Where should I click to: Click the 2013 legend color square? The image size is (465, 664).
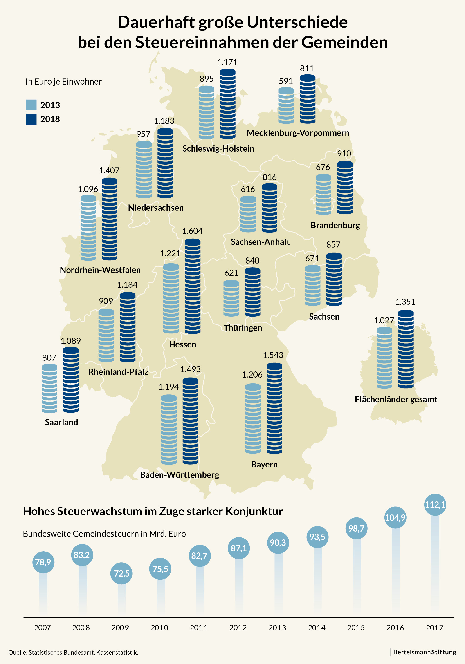click(31, 105)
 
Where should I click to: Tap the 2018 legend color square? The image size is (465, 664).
click(31, 119)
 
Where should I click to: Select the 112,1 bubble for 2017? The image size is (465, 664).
click(435, 505)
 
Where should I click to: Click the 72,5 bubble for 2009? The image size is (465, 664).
click(121, 573)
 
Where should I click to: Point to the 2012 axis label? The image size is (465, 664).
click(238, 628)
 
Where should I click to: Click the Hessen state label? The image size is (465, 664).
click(183, 344)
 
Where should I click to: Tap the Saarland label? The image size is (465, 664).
click(61, 422)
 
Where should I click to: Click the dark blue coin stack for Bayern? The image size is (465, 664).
click(274, 408)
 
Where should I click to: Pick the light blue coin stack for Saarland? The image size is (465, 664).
click(49, 388)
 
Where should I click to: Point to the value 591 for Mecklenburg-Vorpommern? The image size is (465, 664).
click(286, 81)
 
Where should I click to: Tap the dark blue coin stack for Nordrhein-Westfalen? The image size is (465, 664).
click(110, 219)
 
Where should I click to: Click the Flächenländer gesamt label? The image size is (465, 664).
click(396, 399)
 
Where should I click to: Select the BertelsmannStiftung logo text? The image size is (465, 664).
click(425, 652)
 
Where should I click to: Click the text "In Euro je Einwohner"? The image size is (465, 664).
click(64, 82)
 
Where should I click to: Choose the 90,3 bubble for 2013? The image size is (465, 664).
click(278, 543)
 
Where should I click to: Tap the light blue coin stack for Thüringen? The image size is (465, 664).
click(231, 298)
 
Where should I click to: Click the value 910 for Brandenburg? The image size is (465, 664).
click(344, 154)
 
